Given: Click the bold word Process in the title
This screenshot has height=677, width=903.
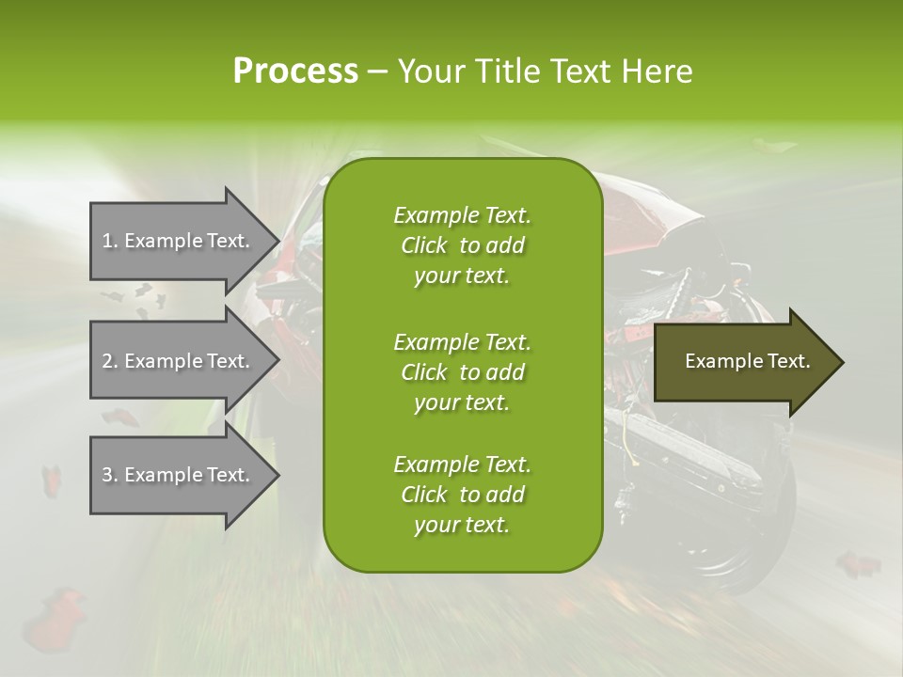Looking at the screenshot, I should pos(295,71).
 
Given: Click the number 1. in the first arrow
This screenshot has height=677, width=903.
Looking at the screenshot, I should pos(110,241).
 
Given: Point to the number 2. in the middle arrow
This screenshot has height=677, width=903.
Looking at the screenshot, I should pos(110,361).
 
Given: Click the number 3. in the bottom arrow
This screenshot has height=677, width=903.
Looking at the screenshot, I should pos(110,475).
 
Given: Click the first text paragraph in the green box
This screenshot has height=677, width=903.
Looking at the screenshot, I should pos(462,245).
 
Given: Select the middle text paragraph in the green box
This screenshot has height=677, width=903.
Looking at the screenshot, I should pos(462,372).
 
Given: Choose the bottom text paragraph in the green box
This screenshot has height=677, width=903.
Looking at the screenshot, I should pos(462,495).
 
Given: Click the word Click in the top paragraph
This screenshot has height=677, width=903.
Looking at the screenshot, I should pos(423,245).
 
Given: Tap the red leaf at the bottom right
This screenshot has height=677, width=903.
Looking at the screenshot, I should pos(858,564).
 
